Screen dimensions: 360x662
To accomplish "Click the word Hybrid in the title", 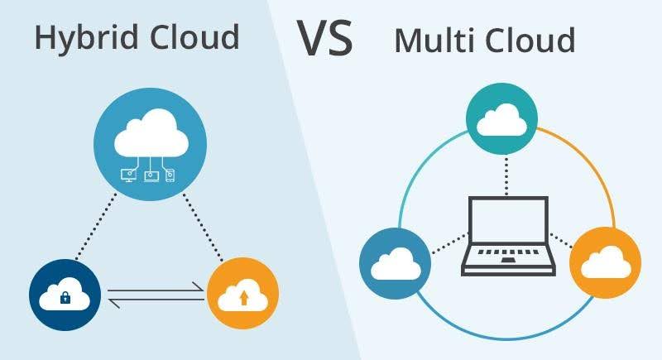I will [78, 38].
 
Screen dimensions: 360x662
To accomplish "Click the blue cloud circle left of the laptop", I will [393, 262].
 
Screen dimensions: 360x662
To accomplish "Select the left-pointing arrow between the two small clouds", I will [157, 303].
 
